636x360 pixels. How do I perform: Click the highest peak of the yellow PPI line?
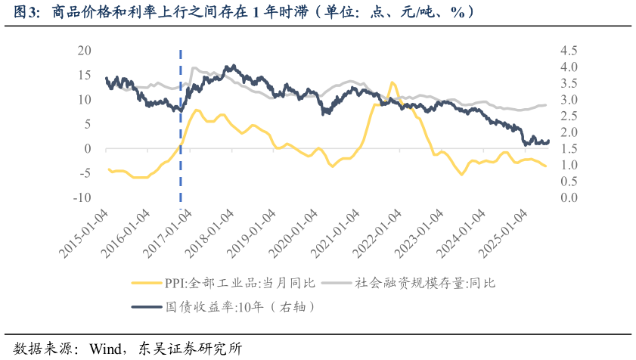pos(392,82)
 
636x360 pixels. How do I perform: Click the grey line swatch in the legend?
pos(337,284)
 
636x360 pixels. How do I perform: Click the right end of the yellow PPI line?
pos(546,166)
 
